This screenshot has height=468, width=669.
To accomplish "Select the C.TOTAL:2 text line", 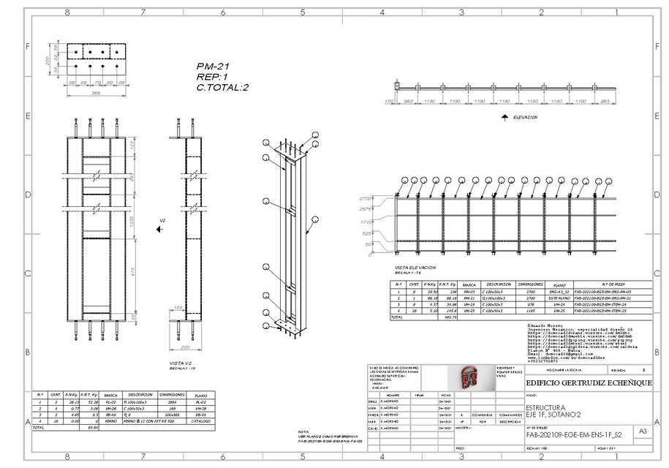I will point(223,87).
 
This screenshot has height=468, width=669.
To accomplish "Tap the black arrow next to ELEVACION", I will point(505,116).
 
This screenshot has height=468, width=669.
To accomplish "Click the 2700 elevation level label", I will point(385,198).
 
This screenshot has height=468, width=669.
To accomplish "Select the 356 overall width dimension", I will point(95,94).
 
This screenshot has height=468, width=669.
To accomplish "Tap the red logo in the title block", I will point(469,377).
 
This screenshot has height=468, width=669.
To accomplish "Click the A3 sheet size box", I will point(643,432).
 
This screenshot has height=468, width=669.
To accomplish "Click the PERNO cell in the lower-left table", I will point(110,422).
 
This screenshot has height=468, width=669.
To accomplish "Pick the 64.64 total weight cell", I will point(93,428).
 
